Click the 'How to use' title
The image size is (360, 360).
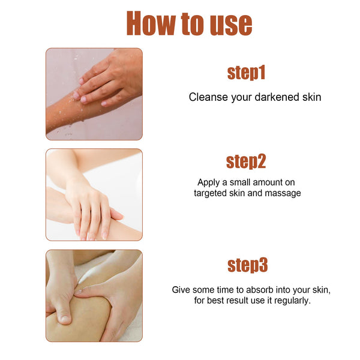188,23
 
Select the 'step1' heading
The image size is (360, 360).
246,73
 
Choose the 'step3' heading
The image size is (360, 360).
247,265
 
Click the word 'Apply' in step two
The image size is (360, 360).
208,182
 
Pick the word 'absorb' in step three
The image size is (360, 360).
257,289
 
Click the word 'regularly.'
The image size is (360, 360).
291,300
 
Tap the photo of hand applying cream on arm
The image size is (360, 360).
94,194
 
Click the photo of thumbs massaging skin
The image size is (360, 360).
94,296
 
